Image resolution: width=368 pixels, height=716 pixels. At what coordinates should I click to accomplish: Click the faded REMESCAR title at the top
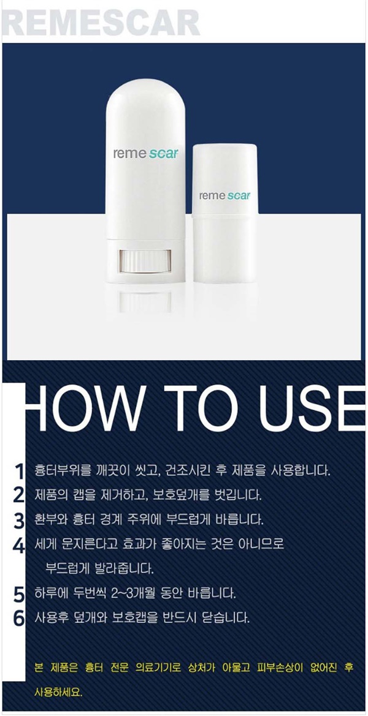(x=101, y=22)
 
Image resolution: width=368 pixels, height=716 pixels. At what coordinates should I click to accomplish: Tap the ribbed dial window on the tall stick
(x=145, y=261)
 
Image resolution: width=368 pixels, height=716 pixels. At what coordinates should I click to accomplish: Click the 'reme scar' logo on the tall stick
(x=145, y=153)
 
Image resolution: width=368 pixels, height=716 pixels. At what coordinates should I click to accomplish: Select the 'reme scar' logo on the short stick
(x=224, y=195)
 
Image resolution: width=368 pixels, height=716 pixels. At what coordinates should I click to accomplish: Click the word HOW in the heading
(x=84, y=409)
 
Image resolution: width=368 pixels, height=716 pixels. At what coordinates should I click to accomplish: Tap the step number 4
(x=19, y=546)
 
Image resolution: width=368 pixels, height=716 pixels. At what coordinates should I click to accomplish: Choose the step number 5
(x=19, y=595)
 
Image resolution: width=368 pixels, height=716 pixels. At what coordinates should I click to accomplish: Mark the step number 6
(x=19, y=619)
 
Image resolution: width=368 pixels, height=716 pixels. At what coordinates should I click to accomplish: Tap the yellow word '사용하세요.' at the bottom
(x=58, y=692)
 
